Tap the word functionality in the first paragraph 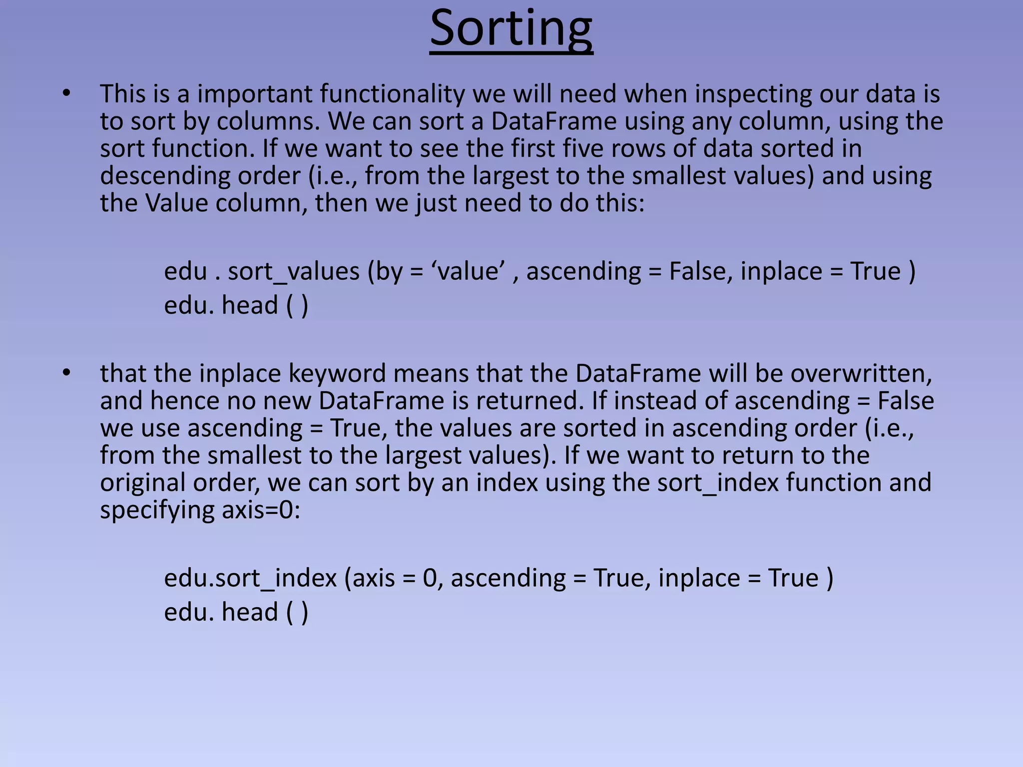392,94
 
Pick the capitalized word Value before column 176,203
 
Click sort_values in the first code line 294,272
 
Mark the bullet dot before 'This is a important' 67,93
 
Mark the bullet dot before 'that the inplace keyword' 67,373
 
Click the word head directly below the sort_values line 249,306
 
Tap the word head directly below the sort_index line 249,612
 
